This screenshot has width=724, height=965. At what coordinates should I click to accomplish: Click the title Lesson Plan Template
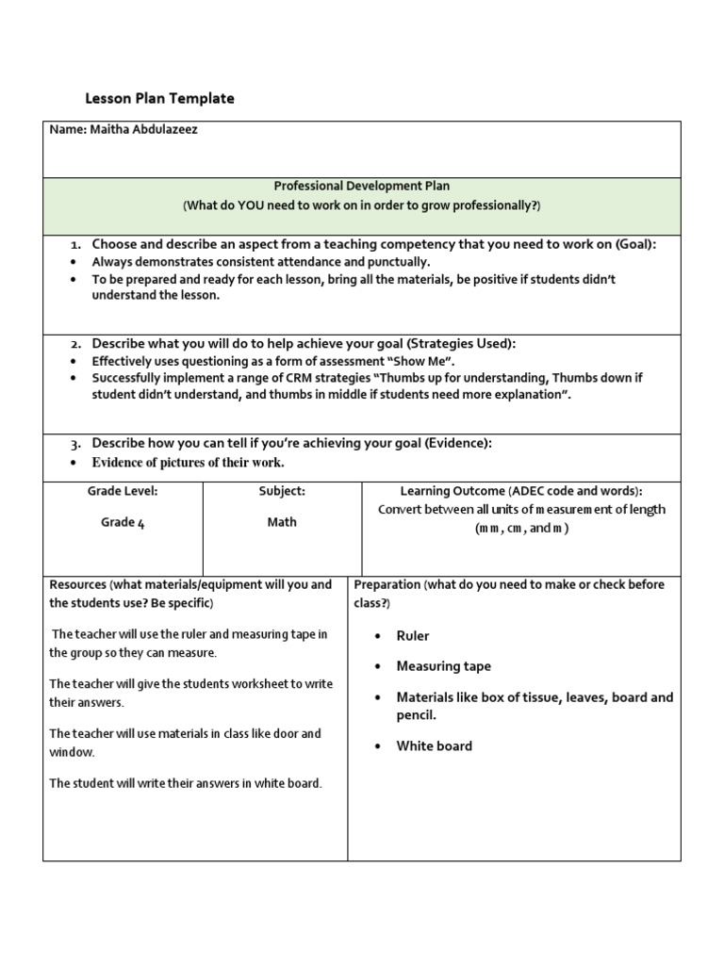(159, 98)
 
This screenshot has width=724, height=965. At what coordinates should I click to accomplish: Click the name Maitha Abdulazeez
(144, 130)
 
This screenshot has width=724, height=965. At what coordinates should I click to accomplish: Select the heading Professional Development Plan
(361, 187)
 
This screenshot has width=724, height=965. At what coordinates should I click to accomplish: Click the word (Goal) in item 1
(635, 244)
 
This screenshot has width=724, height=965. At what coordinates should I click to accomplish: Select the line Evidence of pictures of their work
(188, 463)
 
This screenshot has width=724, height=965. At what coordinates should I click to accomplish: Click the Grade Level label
(123, 491)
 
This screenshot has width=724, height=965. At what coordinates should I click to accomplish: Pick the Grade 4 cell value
(123, 522)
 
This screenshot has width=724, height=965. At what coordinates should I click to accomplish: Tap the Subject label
(282, 491)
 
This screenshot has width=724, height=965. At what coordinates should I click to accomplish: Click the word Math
(282, 522)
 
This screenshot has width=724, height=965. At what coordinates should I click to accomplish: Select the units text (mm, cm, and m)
(521, 529)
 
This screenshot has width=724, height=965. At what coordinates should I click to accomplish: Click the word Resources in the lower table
(77, 584)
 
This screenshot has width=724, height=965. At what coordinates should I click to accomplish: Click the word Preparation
(387, 584)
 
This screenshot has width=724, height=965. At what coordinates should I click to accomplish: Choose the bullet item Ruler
(412, 636)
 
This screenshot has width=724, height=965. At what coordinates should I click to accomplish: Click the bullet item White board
(434, 745)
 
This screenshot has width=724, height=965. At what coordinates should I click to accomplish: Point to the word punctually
(398, 262)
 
